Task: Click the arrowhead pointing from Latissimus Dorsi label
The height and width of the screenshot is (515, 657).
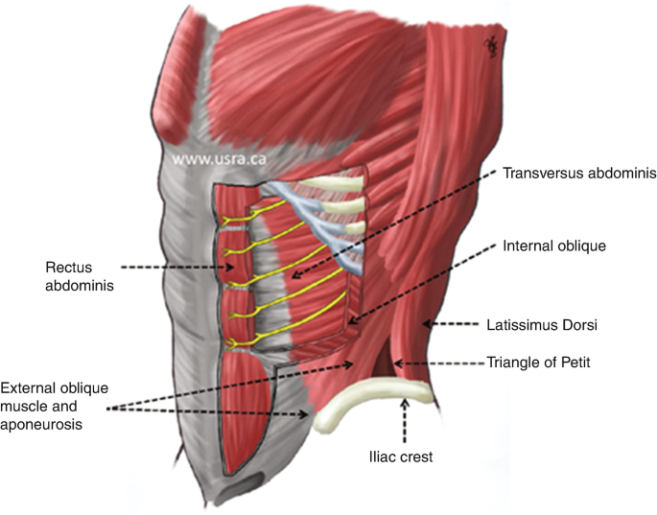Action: pos(427,325)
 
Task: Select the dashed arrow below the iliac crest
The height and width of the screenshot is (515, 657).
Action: pos(405,422)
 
